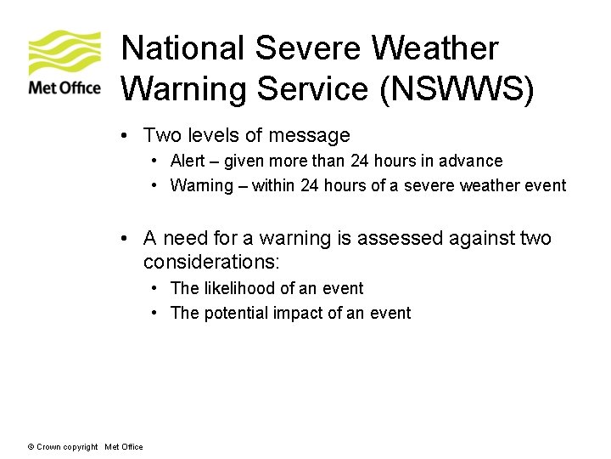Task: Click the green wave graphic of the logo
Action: tap(64, 53)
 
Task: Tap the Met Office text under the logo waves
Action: tap(64, 87)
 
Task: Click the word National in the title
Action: tap(182, 48)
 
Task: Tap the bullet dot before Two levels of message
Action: tap(124, 135)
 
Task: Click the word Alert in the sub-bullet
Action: tap(188, 161)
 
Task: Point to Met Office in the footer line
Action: tap(124, 447)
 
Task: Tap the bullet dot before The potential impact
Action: tap(156, 313)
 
